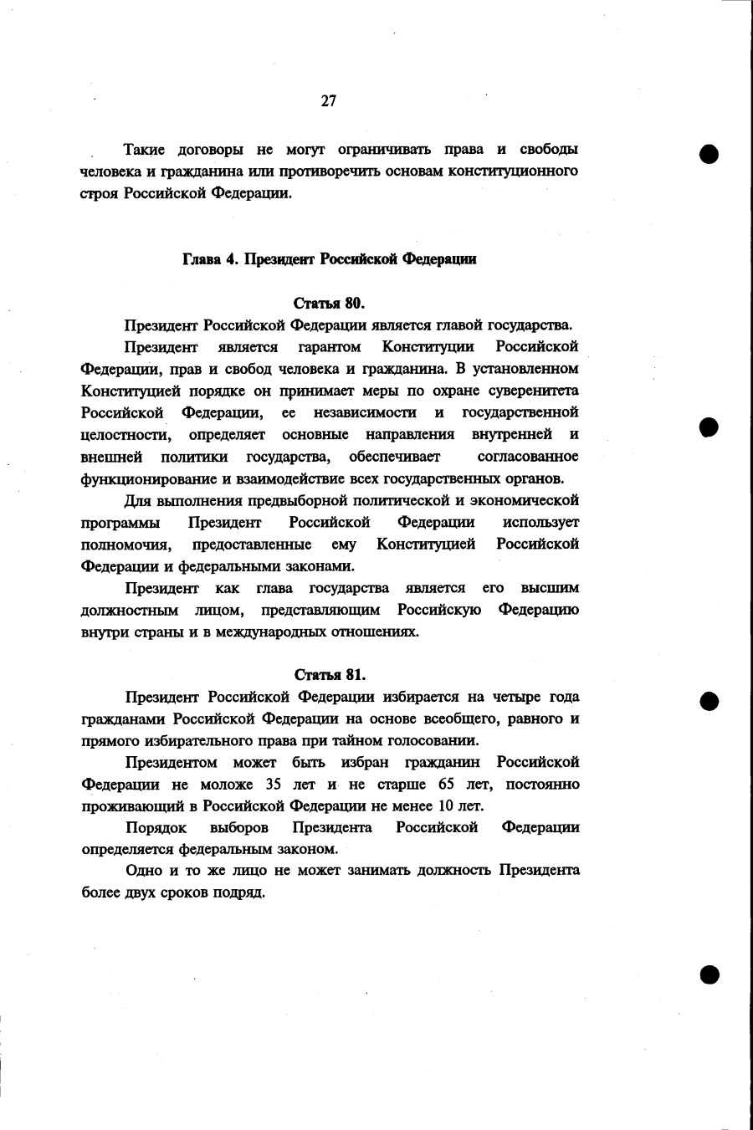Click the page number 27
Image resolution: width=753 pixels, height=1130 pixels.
328,101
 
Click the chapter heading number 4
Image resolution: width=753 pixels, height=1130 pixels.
230,259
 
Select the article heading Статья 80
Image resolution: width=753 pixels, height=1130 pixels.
330,302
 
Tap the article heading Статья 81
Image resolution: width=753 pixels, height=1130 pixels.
330,674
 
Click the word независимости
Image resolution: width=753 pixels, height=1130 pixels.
365,412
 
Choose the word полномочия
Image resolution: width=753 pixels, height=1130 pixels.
126,545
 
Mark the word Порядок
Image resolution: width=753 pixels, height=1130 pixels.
156,827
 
